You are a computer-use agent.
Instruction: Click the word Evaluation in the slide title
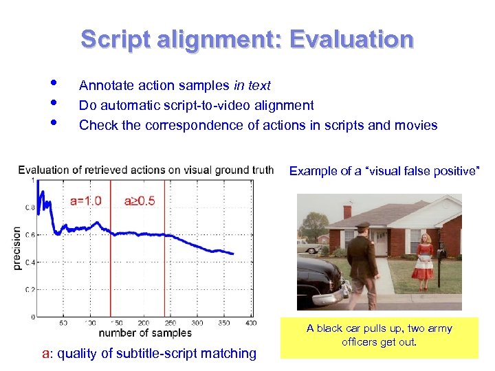point(351,39)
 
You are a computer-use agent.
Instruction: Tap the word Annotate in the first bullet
point(105,86)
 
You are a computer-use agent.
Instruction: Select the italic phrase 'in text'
point(252,86)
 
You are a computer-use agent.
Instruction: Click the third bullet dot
point(54,124)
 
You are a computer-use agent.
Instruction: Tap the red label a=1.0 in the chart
point(86,201)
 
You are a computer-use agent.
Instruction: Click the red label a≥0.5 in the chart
point(140,201)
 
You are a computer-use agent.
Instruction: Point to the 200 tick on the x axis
point(143,322)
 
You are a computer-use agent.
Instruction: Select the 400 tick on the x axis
point(251,322)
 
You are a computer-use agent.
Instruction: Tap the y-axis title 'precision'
point(17,248)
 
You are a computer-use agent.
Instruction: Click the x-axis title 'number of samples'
point(145,333)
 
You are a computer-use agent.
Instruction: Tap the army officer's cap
point(362,226)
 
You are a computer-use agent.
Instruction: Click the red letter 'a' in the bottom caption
point(45,354)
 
